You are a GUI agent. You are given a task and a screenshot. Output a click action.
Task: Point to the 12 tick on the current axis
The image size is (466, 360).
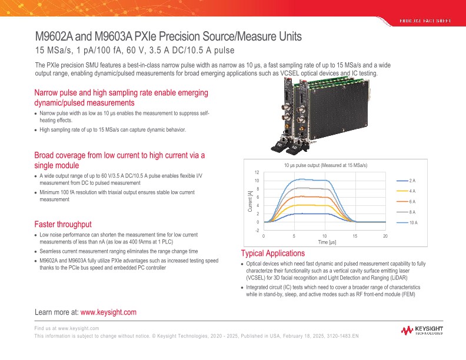point(257,172)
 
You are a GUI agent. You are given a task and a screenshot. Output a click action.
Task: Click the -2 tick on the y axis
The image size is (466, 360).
point(257,231)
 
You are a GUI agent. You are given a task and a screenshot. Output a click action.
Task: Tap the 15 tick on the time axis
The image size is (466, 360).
point(355,236)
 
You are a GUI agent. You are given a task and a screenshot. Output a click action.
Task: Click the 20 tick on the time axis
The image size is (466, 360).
point(385,236)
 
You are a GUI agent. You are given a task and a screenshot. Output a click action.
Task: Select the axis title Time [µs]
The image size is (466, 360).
point(327,242)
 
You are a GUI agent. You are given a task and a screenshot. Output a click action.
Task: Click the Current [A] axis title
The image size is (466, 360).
point(249,201)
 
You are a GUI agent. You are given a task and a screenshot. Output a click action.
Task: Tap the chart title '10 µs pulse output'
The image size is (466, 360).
point(325,165)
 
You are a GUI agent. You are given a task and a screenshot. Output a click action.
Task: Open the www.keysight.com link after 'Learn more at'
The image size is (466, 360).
point(108,312)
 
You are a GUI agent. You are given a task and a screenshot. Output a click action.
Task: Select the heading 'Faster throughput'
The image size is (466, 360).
point(63,224)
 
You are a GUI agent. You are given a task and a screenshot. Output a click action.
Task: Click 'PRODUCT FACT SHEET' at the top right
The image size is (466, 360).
point(425,21)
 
